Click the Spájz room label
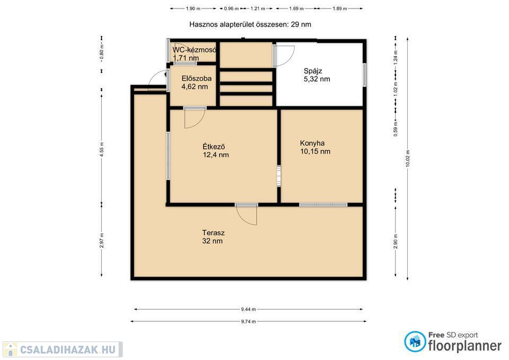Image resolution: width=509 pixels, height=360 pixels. point(313,71)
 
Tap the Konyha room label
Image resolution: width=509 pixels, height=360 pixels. point(312,143)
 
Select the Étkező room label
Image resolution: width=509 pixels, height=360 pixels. point(214,147)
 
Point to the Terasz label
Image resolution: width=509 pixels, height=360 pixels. point(213,233)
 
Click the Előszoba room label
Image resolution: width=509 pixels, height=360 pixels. point(196,78)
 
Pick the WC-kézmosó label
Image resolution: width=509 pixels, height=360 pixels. point(194,50)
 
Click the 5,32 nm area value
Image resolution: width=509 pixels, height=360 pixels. point(317,79)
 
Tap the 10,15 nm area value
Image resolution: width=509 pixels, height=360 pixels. point(315,151)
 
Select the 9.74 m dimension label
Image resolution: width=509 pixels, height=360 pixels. point(248,322)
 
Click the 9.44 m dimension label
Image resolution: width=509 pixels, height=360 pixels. point(248,310)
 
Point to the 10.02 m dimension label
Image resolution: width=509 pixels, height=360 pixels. point(408,159)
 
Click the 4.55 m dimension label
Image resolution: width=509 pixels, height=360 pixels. point(102,150)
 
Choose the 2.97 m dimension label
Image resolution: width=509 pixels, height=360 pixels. point(102,241)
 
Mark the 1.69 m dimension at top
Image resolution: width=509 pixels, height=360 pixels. point(296,9)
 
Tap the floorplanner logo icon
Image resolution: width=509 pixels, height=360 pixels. point(415,341)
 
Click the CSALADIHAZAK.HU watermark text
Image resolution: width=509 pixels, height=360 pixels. point(67,349)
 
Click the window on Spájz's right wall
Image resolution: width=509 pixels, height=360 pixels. point(365,75)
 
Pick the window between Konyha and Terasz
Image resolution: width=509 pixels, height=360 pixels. point(323,205)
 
